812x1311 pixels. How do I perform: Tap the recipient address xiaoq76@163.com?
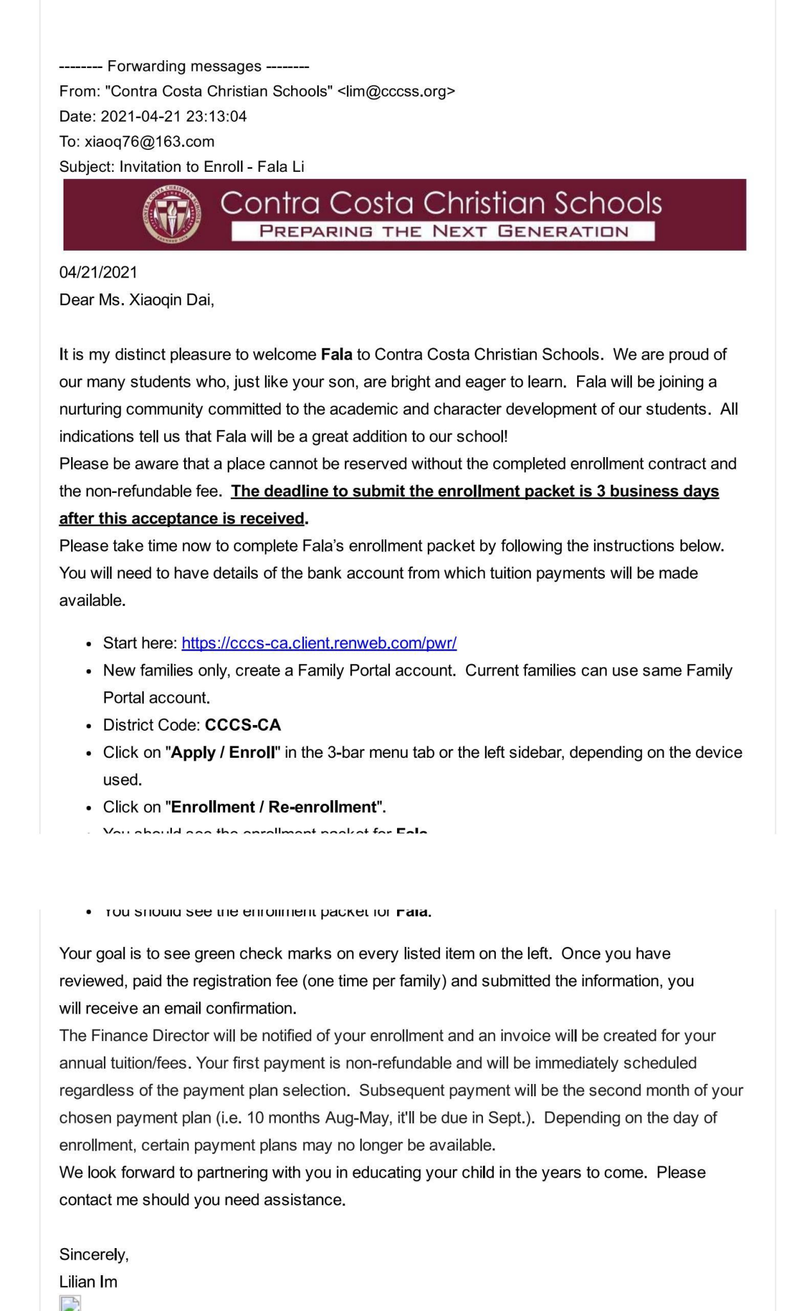(x=149, y=142)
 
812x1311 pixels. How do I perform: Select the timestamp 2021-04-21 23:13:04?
(x=173, y=116)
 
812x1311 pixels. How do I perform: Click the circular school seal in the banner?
(x=171, y=214)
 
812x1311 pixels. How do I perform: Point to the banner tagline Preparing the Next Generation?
(x=443, y=231)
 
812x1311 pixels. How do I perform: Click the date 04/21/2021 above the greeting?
(x=98, y=272)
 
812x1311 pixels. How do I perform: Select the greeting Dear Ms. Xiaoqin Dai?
(x=137, y=300)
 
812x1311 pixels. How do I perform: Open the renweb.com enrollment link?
(x=319, y=643)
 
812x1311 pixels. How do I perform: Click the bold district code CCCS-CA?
(x=242, y=725)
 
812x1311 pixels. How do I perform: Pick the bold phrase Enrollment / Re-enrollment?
(x=274, y=807)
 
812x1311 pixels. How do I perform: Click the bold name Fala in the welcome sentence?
(x=336, y=355)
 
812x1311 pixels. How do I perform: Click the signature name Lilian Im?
(x=88, y=1282)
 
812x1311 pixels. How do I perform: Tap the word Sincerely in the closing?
(x=94, y=1254)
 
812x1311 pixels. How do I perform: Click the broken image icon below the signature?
(x=70, y=1304)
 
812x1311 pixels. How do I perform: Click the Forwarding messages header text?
(x=184, y=66)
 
